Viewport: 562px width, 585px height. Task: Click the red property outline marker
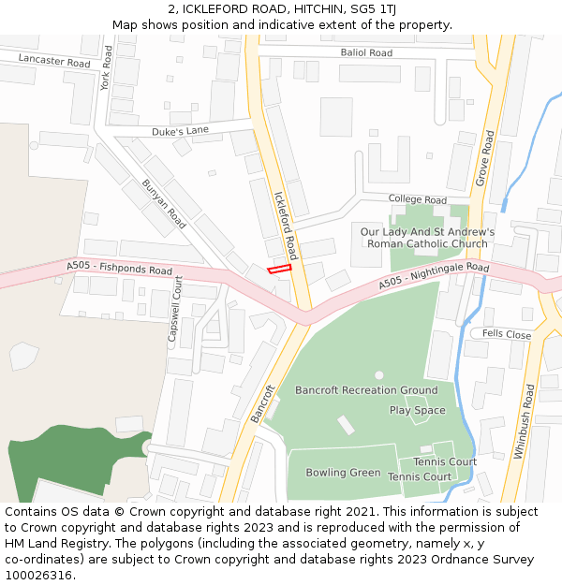[x=280, y=269]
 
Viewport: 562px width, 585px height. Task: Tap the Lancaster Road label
[x=54, y=62]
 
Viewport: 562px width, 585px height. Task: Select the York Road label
[x=107, y=67]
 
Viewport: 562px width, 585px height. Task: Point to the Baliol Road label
[x=366, y=53]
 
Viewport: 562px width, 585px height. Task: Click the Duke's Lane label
[x=181, y=131]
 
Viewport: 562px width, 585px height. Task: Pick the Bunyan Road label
[x=164, y=204]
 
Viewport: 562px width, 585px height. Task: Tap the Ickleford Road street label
[x=285, y=226]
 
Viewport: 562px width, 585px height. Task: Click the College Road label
[x=418, y=200]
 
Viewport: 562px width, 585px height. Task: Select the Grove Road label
[x=484, y=157]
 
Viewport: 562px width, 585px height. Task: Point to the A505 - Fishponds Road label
[x=119, y=270]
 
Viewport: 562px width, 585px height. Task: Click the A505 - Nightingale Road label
[x=434, y=275]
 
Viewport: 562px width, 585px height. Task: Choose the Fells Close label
[x=507, y=334]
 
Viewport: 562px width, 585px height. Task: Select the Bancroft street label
[x=262, y=403]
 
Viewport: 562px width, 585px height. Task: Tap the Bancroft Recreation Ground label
[x=366, y=390]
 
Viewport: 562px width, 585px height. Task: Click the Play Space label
[x=418, y=410]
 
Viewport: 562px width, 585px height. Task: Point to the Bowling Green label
[x=343, y=473]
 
